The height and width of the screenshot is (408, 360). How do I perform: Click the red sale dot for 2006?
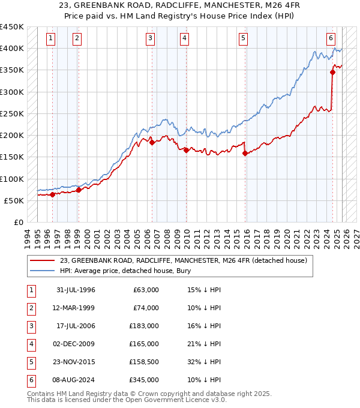point(152,143)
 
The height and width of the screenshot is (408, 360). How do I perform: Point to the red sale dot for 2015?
point(245,154)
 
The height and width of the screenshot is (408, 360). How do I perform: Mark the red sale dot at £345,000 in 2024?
point(332,72)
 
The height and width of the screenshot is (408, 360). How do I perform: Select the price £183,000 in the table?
point(145,326)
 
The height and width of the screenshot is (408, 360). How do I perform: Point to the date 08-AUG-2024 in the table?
point(76,380)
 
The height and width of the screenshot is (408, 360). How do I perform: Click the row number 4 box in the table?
point(30,344)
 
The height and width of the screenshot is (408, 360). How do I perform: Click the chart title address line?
point(180,7)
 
